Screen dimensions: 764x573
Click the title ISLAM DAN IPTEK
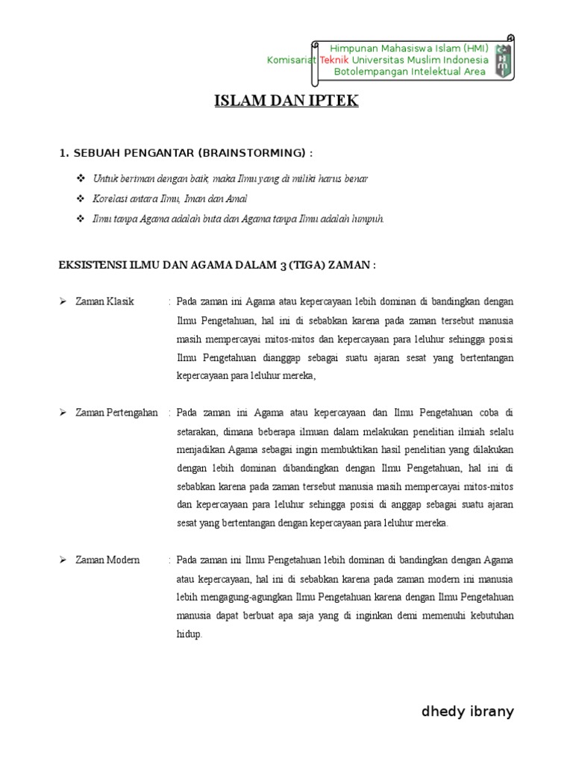pos(286,101)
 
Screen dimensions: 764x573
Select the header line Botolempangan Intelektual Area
pos(410,72)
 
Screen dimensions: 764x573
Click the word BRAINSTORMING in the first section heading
pos(253,153)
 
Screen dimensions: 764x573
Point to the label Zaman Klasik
pos(104,301)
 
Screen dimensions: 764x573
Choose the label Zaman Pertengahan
pos(116,413)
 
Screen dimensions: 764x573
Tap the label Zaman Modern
pos(107,560)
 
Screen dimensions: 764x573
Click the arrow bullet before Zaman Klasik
pos(63,301)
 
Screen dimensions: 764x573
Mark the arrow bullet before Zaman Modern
pos(63,560)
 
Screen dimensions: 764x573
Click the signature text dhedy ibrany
pos(468,711)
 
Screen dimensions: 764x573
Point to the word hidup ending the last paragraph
pos(190,635)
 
